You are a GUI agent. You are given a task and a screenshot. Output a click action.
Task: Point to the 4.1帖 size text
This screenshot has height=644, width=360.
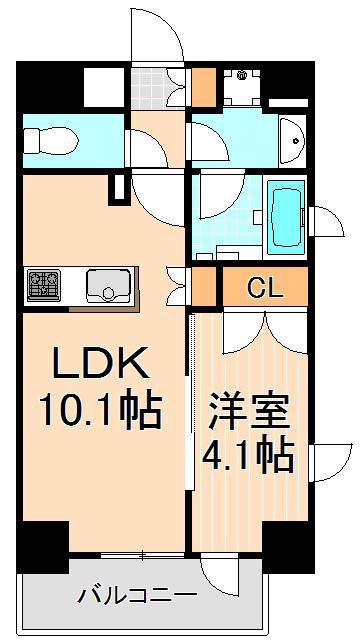(x=250, y=456)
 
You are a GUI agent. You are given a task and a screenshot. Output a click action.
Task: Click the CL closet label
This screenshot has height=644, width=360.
(x=265, y=289)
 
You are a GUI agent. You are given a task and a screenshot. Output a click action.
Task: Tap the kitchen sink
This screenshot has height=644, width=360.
(x=104, y=286)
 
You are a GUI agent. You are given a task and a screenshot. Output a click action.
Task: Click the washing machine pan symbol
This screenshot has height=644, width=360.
(x=239, y=88)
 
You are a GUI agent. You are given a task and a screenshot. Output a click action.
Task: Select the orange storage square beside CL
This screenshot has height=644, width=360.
(x=204, y=287)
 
